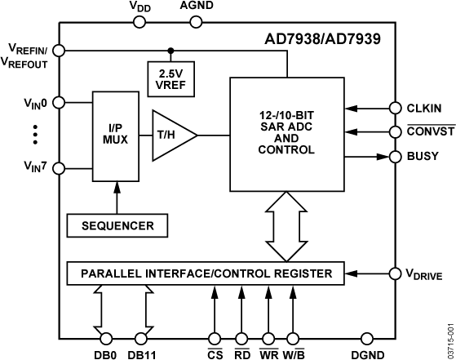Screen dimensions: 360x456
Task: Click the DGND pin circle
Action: tap(365, 338)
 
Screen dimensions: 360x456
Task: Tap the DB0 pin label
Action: tap(105, 354)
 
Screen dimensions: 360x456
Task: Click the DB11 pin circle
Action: tap(141, 338)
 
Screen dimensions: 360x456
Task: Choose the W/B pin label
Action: tap(291, 354)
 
